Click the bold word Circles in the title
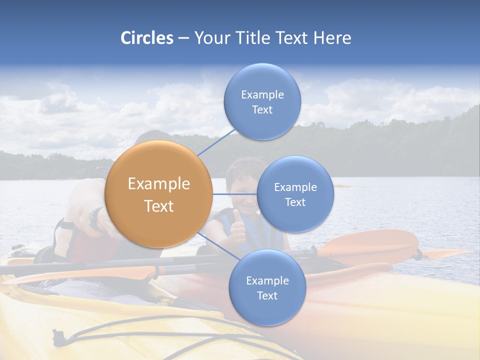click(x=147, y=38)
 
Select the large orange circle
click(x=158, y=194)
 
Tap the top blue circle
click(x=262, y=101)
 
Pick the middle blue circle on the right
click(x=295, y=194)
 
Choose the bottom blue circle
click(x=267, y=287)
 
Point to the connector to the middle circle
click(x=234, y=194)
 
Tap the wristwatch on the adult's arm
click(x=95, y=218)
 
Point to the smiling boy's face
click(x=242, y=184)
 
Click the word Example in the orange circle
click(x=158, y=184)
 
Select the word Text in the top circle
click(x=262, y=109)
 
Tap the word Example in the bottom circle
click(x=267, y=280)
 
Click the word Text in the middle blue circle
click(x=295, y=202)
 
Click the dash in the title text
click(x=183, y=38)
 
